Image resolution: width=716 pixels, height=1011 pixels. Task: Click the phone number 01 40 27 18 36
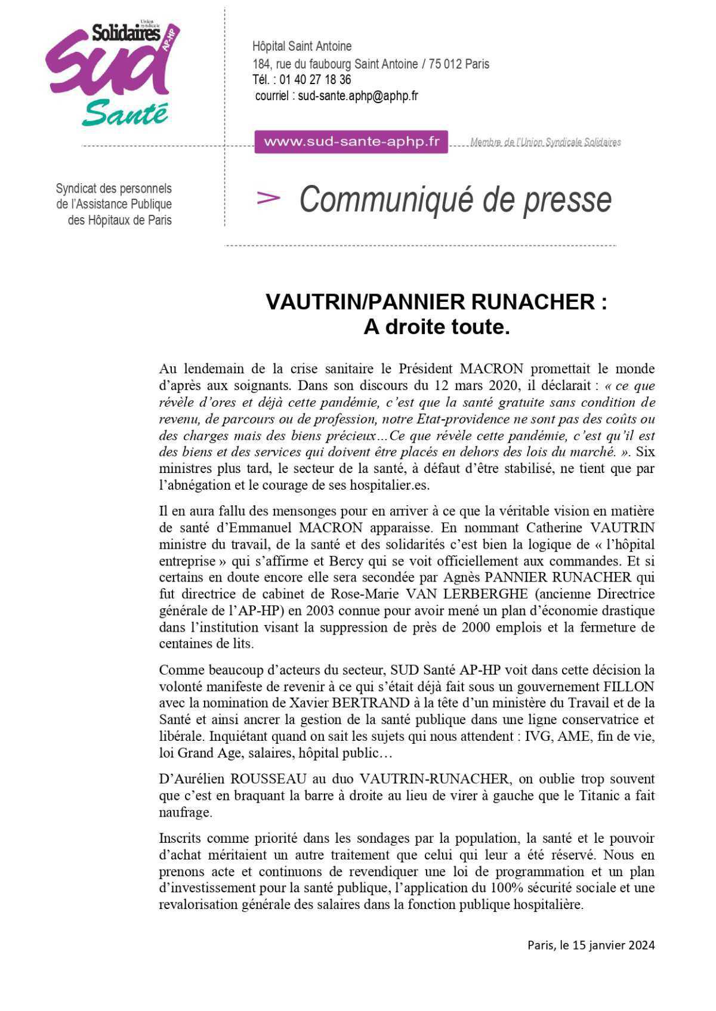pyautogui.click(x=315, y=79)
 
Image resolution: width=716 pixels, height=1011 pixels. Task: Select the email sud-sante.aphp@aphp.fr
pyautogui.click(x=358, y=95)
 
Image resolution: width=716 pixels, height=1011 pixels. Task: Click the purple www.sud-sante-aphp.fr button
pyautogui.click(x=351, y=142)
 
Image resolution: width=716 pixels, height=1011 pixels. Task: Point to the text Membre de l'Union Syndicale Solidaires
pyautogui.click(x=545, y=142)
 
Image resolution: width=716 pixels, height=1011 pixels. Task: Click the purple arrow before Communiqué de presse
pyautogui.click(x=268, y=198)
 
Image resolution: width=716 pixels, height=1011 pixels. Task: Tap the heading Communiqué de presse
pyautogui.click(x=455, y=199)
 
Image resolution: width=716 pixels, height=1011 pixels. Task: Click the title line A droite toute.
pyautogui.click(x=437, y=327)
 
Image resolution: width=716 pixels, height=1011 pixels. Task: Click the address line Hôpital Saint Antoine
pyautogui.click(x=302, y=46)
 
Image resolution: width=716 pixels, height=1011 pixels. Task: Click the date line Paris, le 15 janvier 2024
pyautogui.click(x=591, y=945)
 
